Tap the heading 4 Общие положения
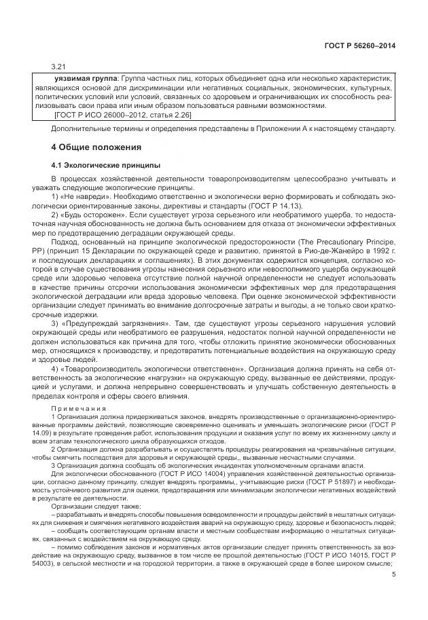tap(96, 147)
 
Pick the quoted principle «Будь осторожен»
tap(90, 215)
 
